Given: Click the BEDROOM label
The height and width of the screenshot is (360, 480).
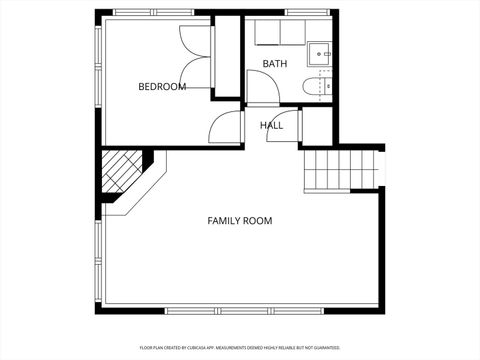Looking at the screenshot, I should (x=162, y=87).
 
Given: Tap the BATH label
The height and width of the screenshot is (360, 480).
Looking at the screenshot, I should (x=274, y=64).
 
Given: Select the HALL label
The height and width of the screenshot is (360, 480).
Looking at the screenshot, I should (x=271, y=125).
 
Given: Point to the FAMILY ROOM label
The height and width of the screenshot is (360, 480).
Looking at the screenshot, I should (x=239, y=221).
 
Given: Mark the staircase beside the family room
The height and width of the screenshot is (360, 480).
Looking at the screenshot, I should (x=341, y=167).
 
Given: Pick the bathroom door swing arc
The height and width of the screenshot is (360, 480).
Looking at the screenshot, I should (x=262, y=92).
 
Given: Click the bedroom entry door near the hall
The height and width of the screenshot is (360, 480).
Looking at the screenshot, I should (x=226, y=127).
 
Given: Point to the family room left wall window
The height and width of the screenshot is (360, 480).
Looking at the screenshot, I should (x=98, y=260).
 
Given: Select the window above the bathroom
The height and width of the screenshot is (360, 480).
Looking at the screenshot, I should (x=300, y=12).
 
